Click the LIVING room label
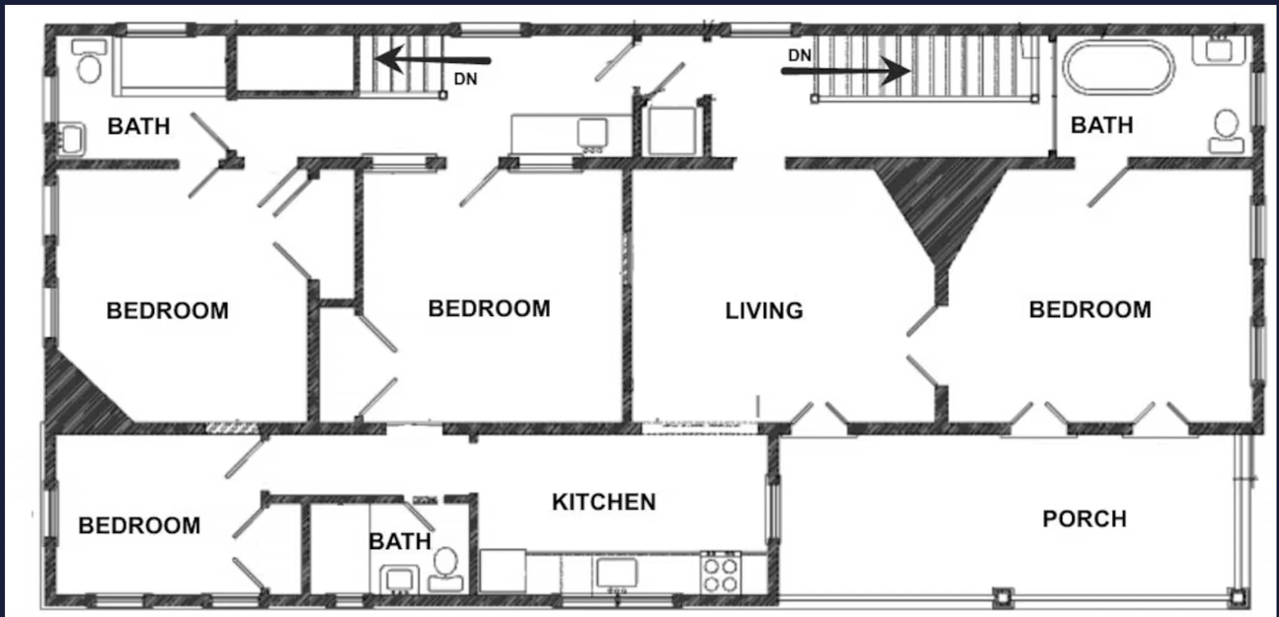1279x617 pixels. click(764, 310)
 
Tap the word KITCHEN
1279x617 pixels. click(604, 502)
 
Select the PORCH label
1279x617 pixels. click(1084, 519)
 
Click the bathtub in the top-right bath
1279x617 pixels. click(1119, 67)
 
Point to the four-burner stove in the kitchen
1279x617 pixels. click(721, 573)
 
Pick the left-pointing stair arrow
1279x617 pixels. click(432, 60)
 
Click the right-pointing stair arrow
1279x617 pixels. click(846, 70)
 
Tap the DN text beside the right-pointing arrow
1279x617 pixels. click(799, 56)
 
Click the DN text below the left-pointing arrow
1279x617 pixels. click(465, 79)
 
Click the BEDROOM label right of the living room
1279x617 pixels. click(1090, 310)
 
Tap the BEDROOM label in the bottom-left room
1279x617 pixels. click(139, 526)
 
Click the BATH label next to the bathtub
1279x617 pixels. click(1102, 125)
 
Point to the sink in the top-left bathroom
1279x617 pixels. click(73, 138)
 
